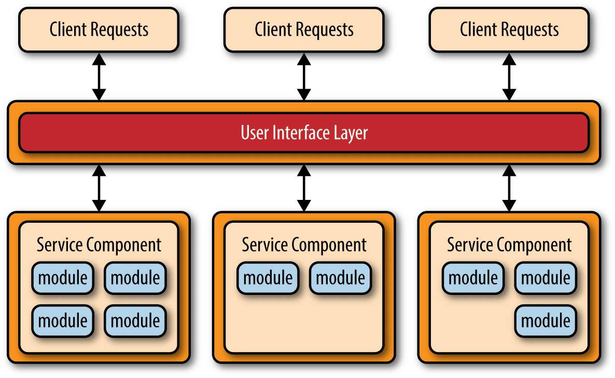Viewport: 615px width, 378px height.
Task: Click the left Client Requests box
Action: [99, 30]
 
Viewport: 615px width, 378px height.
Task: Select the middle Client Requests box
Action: [304, 30]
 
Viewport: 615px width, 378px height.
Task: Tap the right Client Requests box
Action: [509, 30]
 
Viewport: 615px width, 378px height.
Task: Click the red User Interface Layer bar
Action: [304, 133]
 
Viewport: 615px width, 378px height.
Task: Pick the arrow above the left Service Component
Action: [99, 188]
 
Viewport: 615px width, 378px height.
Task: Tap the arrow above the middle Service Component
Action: [304, 188]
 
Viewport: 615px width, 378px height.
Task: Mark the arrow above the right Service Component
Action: [509, 188]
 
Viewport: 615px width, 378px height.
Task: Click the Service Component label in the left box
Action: [99, 245]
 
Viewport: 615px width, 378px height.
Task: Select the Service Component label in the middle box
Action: [304, 245]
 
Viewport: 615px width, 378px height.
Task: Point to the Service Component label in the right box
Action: [509, 245]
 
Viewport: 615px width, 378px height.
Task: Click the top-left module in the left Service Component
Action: [63, 278]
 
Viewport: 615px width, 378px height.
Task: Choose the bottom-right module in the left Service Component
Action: [135, 320]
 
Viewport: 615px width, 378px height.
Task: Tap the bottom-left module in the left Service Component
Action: [63, 320]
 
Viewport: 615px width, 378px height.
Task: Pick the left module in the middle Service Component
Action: [268, 278]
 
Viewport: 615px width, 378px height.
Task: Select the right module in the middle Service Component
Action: [341, 278]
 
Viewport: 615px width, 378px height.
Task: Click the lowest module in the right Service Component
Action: [546, 320]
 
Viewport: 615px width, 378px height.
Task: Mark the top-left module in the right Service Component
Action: [473, 278]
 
